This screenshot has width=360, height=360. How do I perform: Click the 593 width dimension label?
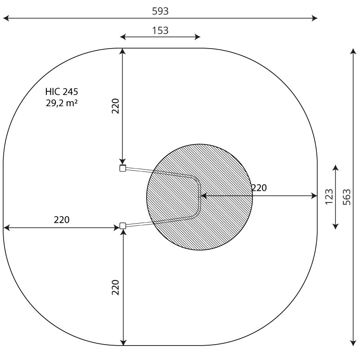point(160,11)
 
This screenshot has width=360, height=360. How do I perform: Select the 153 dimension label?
point(160,30)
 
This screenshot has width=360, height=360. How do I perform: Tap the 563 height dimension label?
point(346,197)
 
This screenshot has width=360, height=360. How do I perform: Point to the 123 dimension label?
point(329,197)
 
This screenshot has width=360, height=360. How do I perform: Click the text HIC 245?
point(62,92)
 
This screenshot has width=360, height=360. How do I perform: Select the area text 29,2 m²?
point(62,103)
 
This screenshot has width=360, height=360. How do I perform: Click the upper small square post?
point(123,168)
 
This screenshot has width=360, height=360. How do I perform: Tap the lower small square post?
point(123,226)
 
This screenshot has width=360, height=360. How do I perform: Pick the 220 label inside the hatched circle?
point(259,188)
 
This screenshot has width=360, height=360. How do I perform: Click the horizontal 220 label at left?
point(62,220)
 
